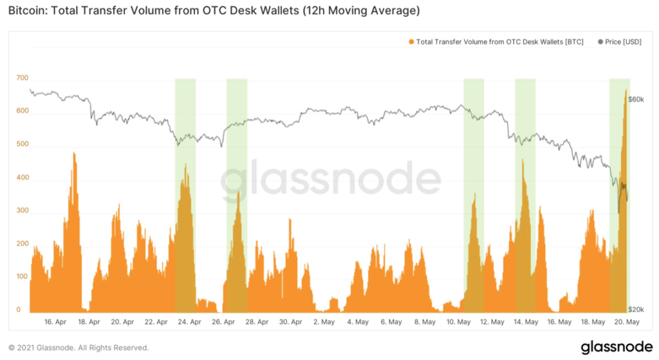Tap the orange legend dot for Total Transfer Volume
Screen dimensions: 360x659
[411, 42]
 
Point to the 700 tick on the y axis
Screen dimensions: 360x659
[23, 78]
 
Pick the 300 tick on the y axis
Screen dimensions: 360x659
[23, 211]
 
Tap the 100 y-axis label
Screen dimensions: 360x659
[23, 277]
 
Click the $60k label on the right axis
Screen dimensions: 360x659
[636, 100]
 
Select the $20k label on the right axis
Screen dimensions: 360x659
[636, 310]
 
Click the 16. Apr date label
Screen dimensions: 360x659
[56, 321]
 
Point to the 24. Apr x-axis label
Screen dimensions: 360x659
[190, 321]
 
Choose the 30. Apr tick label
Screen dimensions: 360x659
[291, 321]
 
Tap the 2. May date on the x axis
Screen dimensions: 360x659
[324, 321]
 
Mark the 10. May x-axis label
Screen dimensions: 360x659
[458, 321]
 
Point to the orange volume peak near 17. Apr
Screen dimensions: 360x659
[74, 155]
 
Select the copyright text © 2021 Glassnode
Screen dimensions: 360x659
[78, 348]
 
